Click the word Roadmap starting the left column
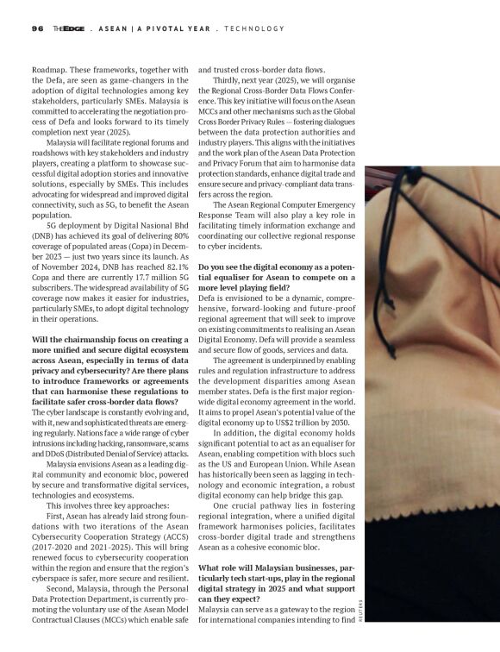point(50,68)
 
